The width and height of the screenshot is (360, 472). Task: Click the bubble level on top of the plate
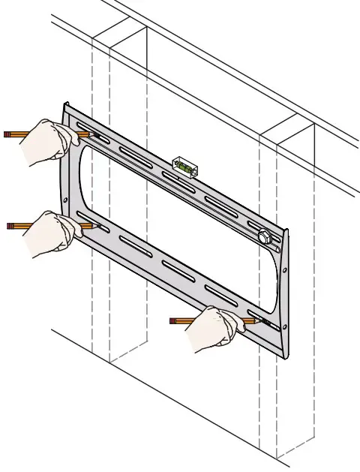click(184, 167)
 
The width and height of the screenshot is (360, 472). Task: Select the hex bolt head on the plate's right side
click(263, 236)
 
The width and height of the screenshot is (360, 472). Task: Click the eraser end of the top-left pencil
click(6, 134)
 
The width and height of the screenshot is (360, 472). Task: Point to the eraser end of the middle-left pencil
click(9, 224)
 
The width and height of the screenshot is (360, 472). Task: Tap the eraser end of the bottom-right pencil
click(172, 320)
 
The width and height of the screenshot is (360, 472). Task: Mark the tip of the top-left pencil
click(91, 135)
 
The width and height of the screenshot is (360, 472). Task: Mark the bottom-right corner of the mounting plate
click(286, 357)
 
